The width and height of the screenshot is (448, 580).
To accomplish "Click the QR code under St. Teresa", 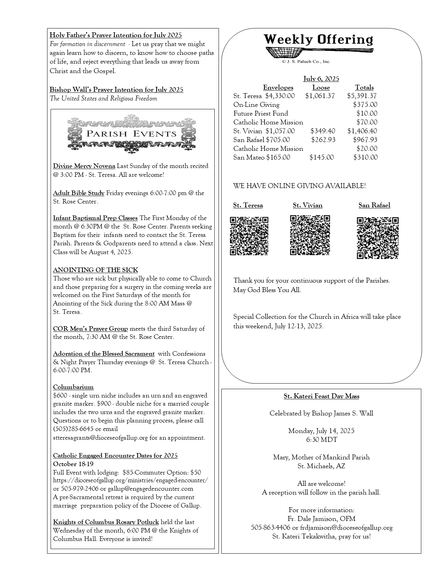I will [x=249, y=236].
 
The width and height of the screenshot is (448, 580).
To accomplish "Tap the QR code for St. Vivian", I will [x=310, y=235].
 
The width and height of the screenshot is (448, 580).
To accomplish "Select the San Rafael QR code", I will [x=378, y=238].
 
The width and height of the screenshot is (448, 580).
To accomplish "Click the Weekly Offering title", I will [x=318, y=39].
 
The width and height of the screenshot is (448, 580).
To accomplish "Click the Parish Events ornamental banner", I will [x=131, y=134].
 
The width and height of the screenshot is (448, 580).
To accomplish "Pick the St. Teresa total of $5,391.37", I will [x=362, y=96].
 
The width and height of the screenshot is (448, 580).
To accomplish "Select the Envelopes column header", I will [x=278, y=88].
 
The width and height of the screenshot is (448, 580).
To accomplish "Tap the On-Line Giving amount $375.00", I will [x=365, y=105].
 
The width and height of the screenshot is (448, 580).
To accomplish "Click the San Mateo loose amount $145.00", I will [x=322, y=157].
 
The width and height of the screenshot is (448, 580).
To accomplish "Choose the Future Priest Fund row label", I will [x=261, y=114].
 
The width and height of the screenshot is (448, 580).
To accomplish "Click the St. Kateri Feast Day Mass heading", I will [x=322, y=397].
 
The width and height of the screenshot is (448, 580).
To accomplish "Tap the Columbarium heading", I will [x=73, y=387].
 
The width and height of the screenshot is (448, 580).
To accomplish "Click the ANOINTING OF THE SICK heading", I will [x=96, y=270].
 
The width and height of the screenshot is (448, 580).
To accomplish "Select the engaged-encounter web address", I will [x=130, y=480].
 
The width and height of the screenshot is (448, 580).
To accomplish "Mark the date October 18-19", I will [x=73, y=464].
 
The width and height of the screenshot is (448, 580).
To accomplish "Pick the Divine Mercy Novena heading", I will [x=84, y=166].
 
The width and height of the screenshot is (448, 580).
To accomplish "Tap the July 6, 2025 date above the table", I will [x=321, y=79].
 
